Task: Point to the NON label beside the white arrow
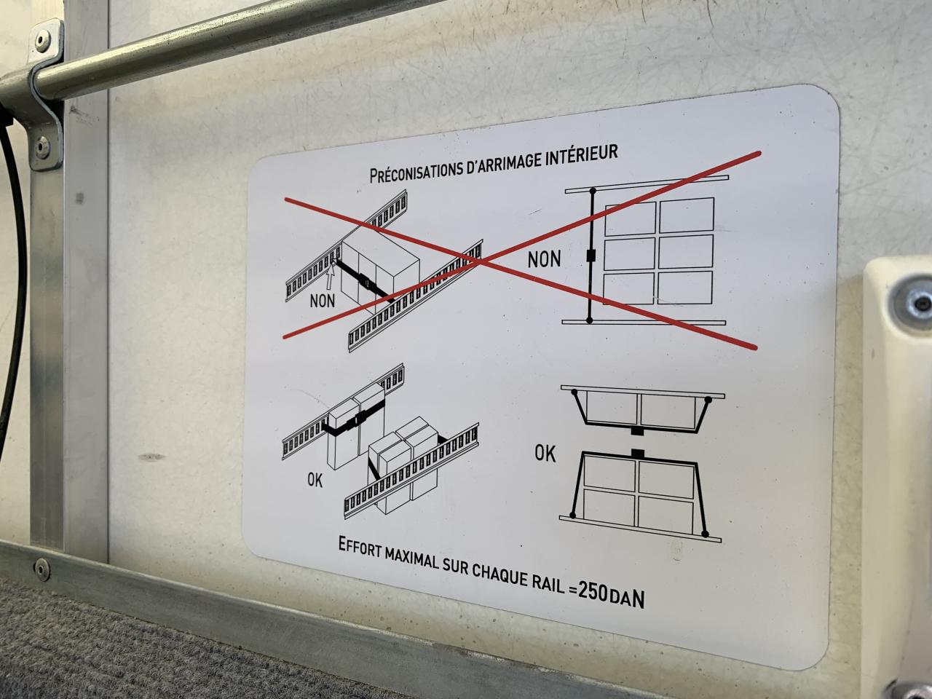point(323,301)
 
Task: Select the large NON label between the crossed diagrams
point(544,259)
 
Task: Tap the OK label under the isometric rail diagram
point(315,481)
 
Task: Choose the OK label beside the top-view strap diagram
point(545,454)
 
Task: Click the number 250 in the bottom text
point(593,592)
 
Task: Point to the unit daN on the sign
point(627,599)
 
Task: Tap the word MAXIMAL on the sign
point(412,557)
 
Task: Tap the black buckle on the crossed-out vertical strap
point(591,256)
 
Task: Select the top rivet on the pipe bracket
point(42,42)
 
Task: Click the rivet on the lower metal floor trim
point(42,569)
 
